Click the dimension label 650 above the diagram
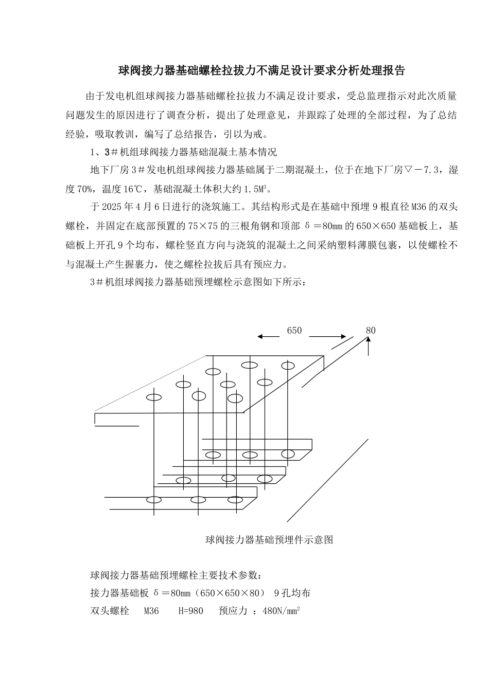pyautogui.click(x=294, y=331)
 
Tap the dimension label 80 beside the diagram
pyautogui.click(x=371, y=331)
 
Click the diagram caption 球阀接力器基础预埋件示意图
pyautogui.click(x=269, y=539)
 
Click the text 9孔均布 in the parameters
pyautogui.click(x=292, y=593)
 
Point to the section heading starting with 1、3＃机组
pyautogui.click(x=183, y=152)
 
